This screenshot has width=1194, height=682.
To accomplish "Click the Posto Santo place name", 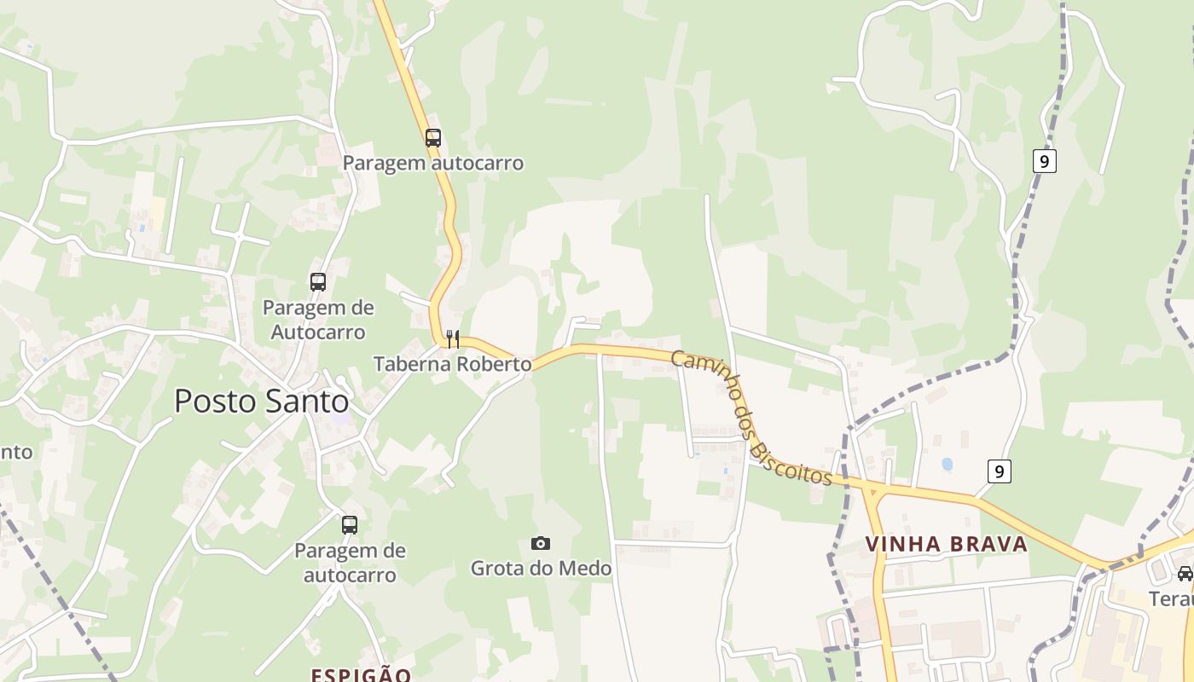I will [261, 402].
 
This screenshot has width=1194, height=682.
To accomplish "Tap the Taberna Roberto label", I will [452, 364].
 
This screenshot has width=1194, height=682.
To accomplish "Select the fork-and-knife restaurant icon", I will [453, 339].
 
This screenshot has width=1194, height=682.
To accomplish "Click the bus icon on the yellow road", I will [433, 137].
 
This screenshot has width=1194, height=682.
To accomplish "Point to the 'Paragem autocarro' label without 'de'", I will [433, 163].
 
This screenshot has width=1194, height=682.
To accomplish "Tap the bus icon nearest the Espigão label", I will [350, 525].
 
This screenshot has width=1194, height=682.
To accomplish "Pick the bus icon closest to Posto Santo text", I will [318, 281].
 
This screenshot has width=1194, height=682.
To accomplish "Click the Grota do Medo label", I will [541, 568].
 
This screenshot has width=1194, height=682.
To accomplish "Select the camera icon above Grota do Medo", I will [541, 543].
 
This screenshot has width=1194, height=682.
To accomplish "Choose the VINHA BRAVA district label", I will [946, 544].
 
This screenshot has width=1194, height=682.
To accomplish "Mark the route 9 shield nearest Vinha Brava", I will [1000, 471].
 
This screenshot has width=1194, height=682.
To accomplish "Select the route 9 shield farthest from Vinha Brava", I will [1045, 160].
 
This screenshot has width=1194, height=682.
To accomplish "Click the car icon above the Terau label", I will [1185, 574].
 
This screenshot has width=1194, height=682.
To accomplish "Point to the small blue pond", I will [947, 465].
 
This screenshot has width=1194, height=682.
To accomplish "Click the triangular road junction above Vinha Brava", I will [872, 491].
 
